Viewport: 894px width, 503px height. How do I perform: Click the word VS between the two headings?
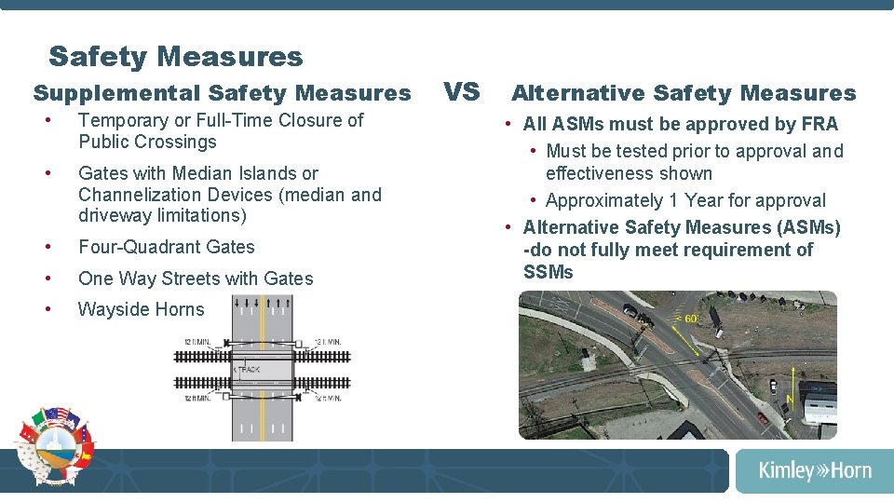[461, 91]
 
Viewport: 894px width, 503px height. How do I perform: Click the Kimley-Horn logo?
[815, 470]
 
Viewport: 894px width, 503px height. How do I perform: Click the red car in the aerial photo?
[764, 418]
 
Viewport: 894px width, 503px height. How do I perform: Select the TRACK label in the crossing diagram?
[248, 370]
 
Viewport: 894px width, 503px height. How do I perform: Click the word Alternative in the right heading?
[578, 93]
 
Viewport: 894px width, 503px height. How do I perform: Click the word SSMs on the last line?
[549, 272]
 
